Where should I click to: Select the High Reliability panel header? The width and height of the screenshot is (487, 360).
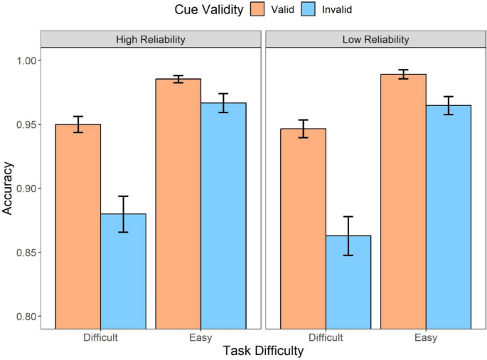151,40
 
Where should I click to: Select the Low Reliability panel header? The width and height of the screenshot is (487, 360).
375,40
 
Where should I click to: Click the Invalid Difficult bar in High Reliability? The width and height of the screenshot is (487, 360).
123,270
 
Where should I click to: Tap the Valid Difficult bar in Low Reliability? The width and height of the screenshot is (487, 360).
303,228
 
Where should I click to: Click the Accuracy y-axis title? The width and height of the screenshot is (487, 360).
9,189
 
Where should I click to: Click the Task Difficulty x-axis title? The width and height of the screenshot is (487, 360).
263,351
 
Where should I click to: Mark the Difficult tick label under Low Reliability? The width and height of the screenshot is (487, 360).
326,337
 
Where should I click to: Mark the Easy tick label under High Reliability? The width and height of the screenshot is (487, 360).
200,337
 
